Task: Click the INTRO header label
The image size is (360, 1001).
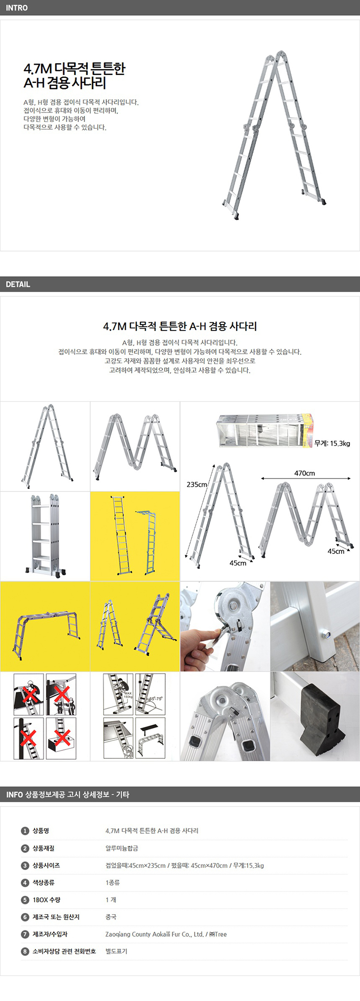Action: point(17,8)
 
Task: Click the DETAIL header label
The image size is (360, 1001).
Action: point(18,284)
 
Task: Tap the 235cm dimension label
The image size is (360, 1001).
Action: point(197,484)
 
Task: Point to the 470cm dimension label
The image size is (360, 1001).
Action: point(305,473)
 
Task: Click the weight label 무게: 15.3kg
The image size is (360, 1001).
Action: point(332,444)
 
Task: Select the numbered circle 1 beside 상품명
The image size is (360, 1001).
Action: point(25,831)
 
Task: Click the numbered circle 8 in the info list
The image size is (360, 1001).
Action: point(25,951)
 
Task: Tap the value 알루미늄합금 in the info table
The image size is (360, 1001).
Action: point(122,848)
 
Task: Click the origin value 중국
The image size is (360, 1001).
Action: point(111,917)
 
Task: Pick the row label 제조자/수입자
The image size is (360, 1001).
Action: point(50,934)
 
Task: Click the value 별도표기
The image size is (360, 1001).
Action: point(116,951)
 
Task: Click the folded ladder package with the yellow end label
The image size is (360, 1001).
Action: point(265,431)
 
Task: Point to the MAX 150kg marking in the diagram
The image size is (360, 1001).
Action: point(128,695)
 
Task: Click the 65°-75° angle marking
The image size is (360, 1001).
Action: point(156,699)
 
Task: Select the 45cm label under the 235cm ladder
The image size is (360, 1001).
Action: point(238,563)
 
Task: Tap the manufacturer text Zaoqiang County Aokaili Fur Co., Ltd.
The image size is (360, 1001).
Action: point(154,934)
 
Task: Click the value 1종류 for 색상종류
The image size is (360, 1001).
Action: point(112,883)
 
